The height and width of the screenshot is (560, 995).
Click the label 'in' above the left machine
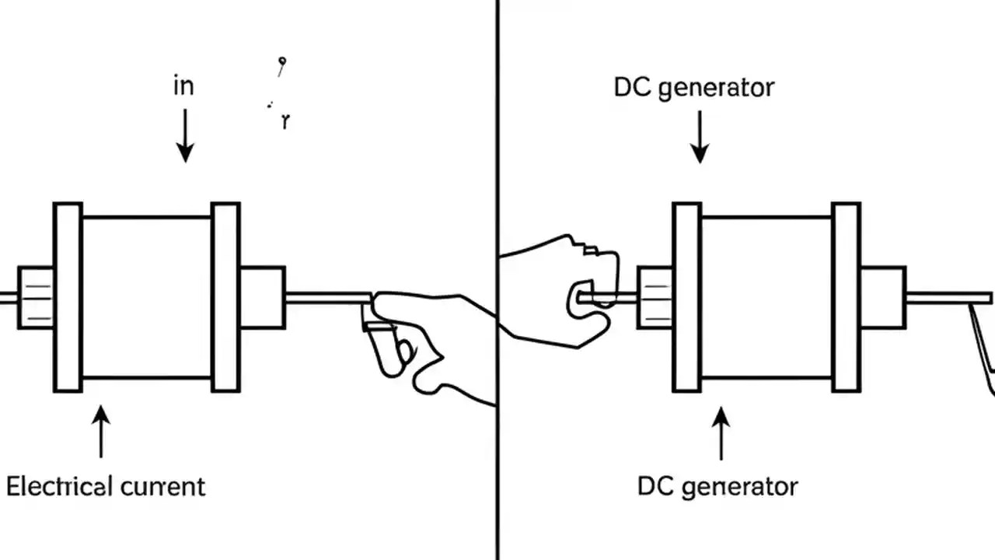[183, 86]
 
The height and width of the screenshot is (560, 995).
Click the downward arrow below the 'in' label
[184, 135]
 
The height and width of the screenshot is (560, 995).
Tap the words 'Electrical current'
[106, 487]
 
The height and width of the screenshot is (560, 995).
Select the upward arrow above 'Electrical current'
[101, 431]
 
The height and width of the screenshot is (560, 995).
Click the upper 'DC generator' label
[694, 88]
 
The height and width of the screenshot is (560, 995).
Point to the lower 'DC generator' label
[717, 487]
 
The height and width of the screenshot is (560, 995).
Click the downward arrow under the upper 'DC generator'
[700, 136]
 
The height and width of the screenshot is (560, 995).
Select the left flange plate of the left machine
[68, 297]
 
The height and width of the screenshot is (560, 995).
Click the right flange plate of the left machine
[225, 297]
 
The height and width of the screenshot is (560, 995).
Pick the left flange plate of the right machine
[687, 297]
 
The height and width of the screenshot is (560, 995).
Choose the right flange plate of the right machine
[846, 297]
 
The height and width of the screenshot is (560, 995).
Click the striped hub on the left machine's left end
[36, 297]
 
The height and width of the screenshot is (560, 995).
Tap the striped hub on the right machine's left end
[655, 297]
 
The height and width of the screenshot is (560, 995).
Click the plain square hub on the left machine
[262, 297]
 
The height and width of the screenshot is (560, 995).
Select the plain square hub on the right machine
[882, 297]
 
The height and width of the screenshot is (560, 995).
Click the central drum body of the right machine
[766, 297]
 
